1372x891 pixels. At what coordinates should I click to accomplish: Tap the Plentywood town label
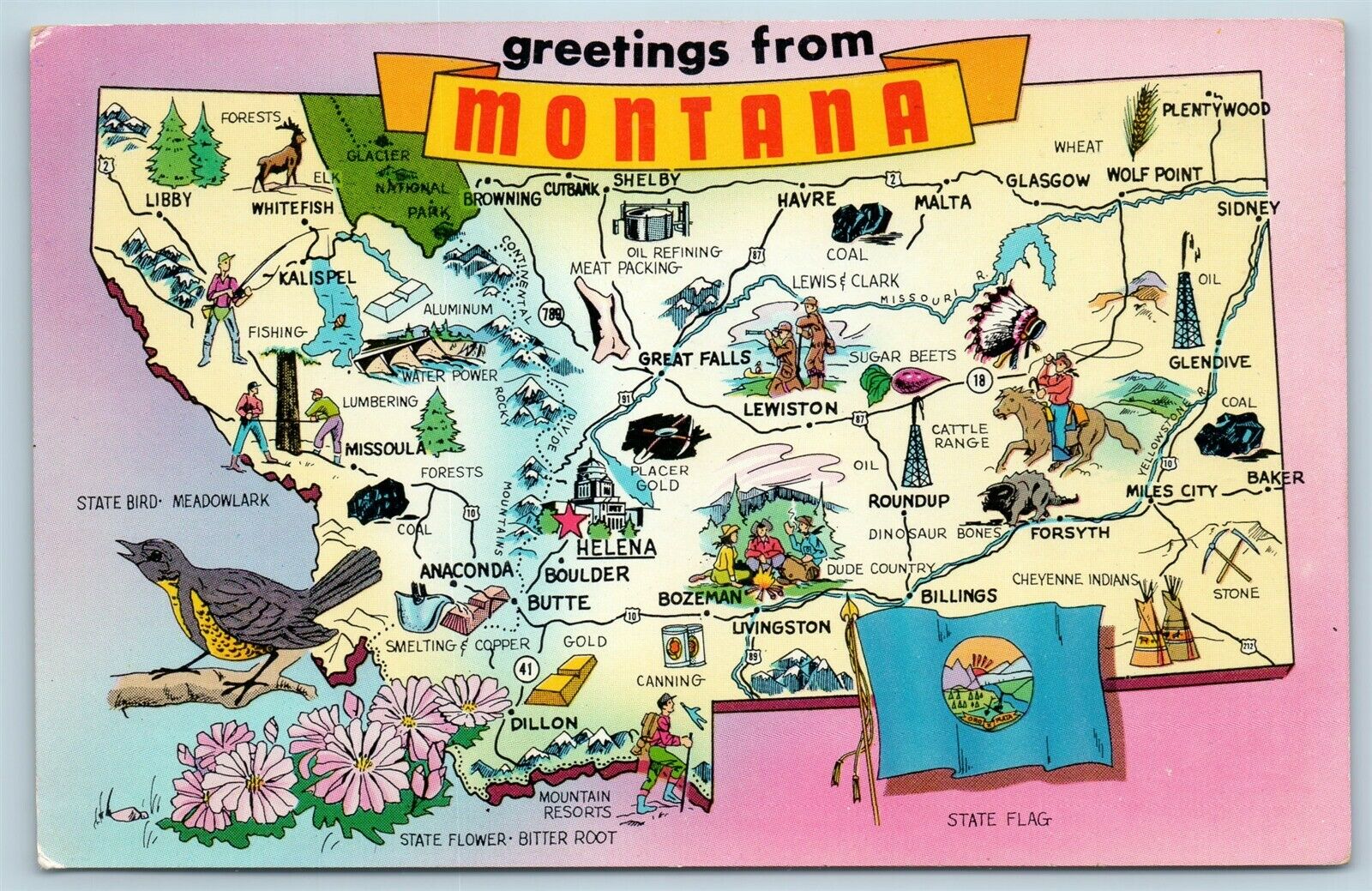[1215, 110]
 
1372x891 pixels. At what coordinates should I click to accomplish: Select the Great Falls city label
[695, 358]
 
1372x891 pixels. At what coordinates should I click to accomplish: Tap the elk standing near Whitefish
[281, 158]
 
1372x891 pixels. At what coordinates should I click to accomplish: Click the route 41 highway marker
[525, 669]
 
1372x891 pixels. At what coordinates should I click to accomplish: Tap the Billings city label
[959, 595]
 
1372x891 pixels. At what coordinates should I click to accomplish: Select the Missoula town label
[385, 449]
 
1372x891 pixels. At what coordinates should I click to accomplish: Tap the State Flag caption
[998, 820]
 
